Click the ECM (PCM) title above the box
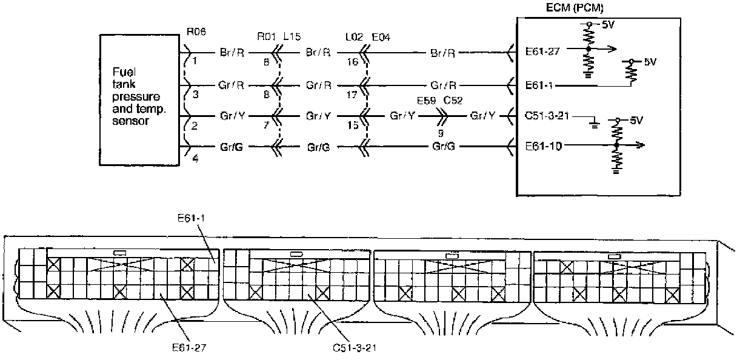pos(575,7)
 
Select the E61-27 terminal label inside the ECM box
pos(542,52)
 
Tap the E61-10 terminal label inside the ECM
pos(543,146)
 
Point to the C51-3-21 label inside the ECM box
pos(547,116)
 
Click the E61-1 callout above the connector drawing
pos(191,218)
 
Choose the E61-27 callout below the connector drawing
pos(189,347)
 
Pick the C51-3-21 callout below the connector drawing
pos(355,347)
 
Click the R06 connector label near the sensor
pos(196,32)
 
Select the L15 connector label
pos(292,36)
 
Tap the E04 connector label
pos(381,37)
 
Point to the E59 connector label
pos(427,101)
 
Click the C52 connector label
pos(453,101)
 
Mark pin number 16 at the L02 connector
pos(352,62)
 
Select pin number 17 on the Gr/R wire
pos(352,95)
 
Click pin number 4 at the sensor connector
pos(195,159)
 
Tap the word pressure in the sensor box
pos(136,97)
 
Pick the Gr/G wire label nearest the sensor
pos(232,147)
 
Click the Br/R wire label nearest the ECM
pos(442,53)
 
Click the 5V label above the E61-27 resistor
pos(609,25)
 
